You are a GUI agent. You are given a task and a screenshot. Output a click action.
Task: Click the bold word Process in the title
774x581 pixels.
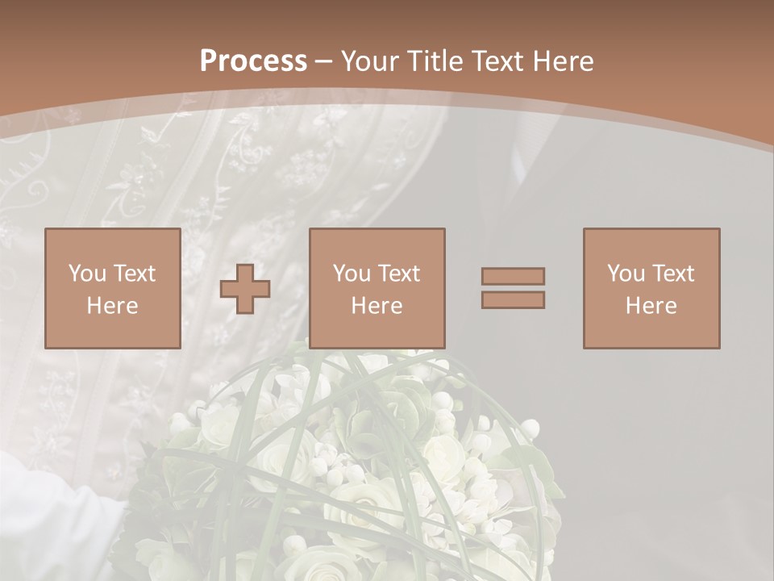click(253, 61)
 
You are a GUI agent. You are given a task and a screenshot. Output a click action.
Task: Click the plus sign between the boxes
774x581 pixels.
click(245, 288)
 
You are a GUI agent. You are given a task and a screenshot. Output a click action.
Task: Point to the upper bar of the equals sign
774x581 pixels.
click(513, 277)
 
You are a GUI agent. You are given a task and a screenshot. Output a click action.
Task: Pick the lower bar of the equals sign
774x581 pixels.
click(513, 299)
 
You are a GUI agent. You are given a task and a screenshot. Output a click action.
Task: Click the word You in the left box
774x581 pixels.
click(86, 274)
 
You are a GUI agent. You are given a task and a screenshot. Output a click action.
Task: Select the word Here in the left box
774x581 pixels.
click(112, 306)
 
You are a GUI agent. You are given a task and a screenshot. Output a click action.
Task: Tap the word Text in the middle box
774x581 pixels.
click(399, 274)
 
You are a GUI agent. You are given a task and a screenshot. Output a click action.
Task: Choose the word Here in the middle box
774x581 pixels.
click(377, 306)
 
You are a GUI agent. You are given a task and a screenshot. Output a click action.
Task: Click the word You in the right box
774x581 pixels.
click(626, 274)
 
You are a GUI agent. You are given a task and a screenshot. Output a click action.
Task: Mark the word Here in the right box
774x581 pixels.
click(651, 306)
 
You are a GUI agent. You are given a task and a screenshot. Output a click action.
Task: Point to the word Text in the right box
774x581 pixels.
click(673, 274)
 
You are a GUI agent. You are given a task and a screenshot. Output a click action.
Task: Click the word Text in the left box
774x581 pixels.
click(134, 274)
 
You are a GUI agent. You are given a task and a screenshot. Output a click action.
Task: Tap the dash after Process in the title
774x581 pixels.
click(324, 62)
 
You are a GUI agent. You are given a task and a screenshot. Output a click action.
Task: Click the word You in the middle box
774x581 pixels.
click(352, 274)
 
